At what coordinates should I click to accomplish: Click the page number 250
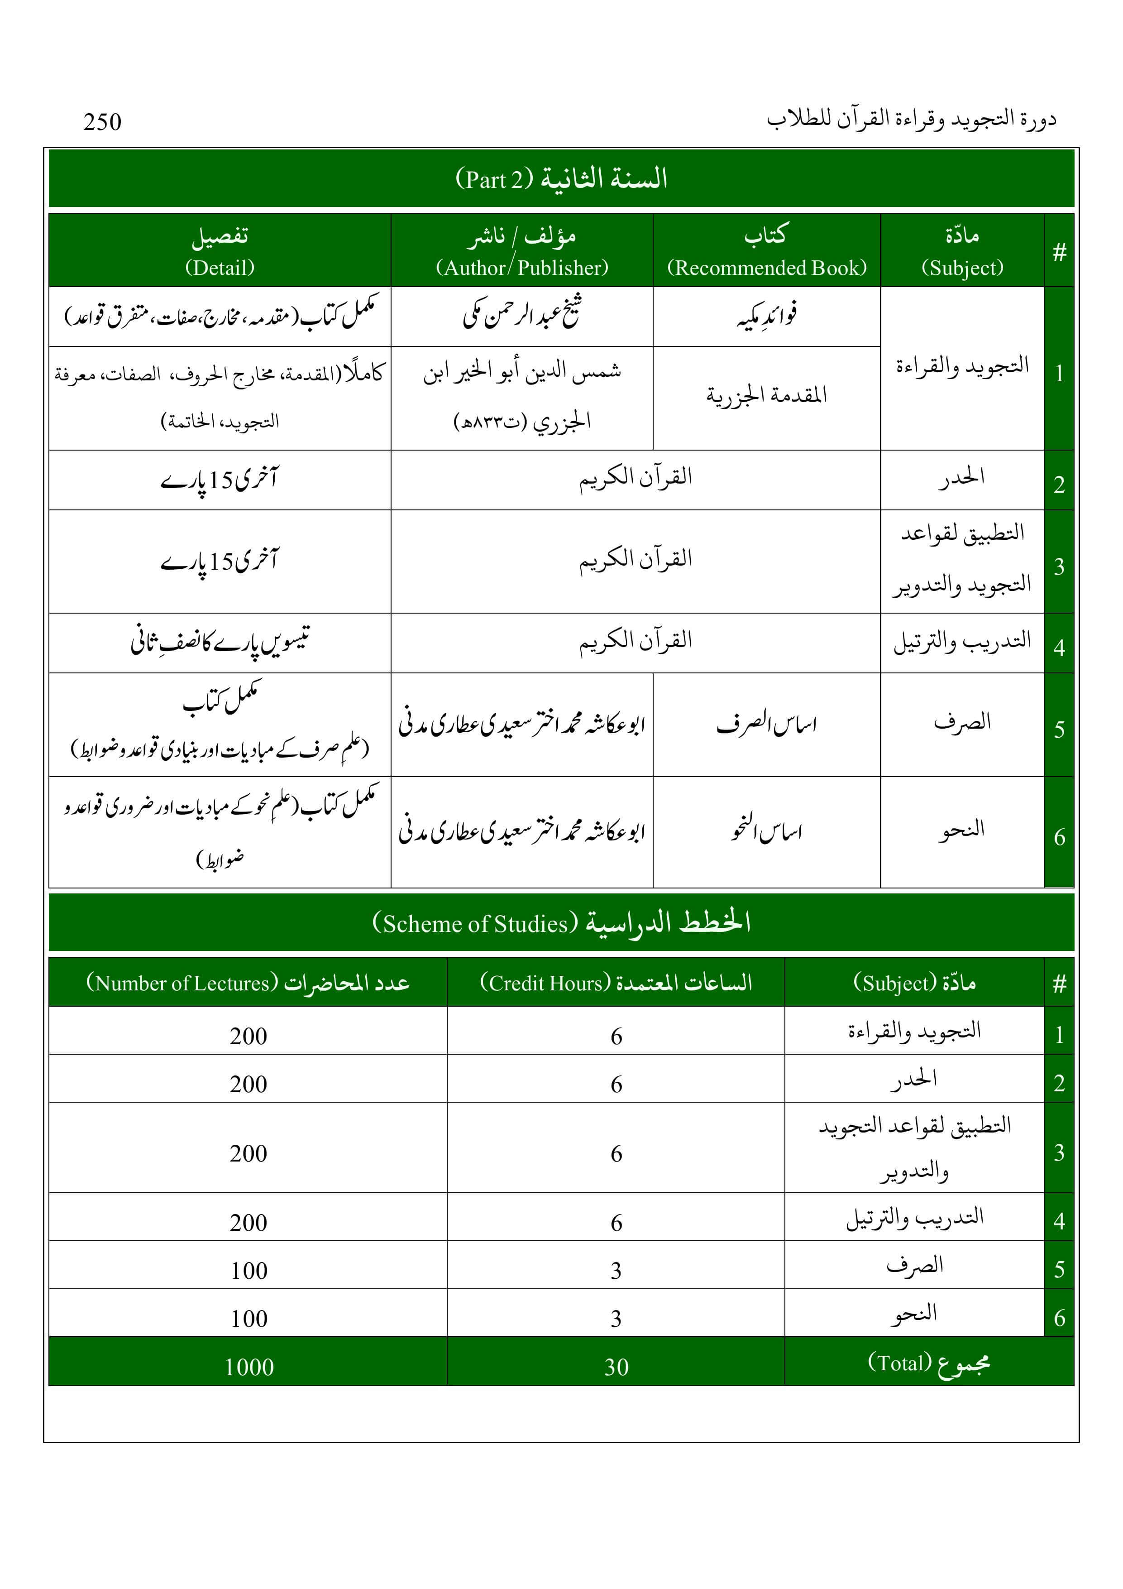[x=102, y=122]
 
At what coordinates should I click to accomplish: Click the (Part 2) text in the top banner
[x=494, y=180]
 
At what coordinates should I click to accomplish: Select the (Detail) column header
[x=220, y=268]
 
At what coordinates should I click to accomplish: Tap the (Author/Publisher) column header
[x=522, y=267]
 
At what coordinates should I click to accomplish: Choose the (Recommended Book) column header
[x=767, y=268]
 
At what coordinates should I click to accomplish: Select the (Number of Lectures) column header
[x=182, y=983]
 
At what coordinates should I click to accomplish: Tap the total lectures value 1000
[x=249, y=1367]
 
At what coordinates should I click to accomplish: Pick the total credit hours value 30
[x=616, y=1367]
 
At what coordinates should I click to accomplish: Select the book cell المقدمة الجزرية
[x=767, y=396]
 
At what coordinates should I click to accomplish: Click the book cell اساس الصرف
[x=767, y=724]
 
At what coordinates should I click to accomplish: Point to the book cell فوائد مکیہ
[x=767, y=316]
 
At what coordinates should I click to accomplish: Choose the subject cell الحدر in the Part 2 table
[x=962, y=478]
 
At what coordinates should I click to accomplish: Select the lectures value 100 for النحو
[x=249, y=1318]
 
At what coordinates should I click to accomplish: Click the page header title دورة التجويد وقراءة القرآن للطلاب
[x=911, y=120]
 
